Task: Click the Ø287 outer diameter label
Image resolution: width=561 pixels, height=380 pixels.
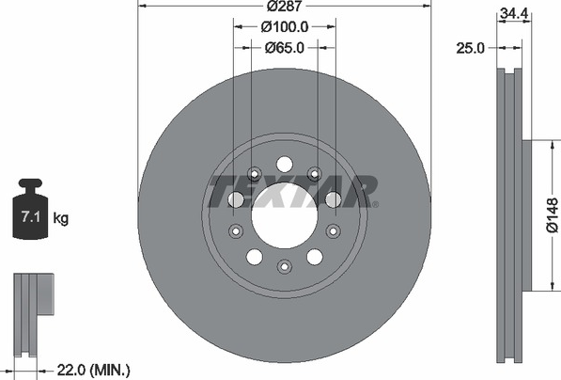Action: click(x=285, y=6)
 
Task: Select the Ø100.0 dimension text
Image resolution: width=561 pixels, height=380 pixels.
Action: click(x=285, y=27)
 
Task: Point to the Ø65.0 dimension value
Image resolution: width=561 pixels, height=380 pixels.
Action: click(x=285, y=47)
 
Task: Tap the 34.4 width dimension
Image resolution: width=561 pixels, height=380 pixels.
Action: click(x=514, y=13)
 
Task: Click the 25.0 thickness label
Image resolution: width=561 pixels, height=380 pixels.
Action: click(x=470, y=48)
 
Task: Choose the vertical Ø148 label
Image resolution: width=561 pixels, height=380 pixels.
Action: click(x=553, y=215)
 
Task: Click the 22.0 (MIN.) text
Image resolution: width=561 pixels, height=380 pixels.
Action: click(x=94, y=370)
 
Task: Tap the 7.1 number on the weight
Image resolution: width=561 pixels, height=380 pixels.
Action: click(x=30, y=216)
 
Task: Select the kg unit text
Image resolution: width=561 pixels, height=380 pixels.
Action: click(x=61, y=217)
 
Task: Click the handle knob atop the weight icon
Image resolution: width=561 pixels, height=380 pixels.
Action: click(x=30, y=184)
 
